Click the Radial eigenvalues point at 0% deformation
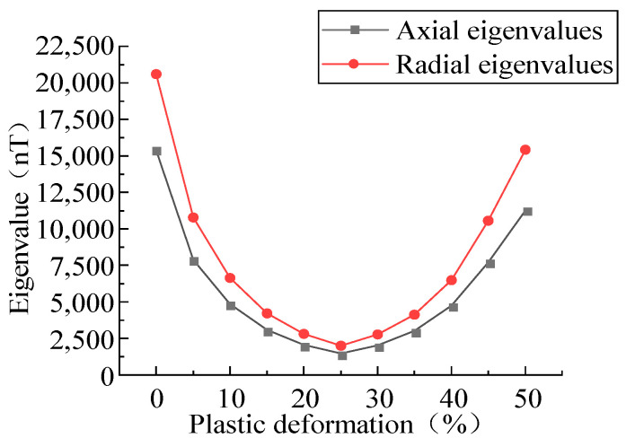156,74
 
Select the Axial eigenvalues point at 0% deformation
156,151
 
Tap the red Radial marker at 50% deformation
526,150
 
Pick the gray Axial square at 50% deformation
526,211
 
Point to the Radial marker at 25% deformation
341,346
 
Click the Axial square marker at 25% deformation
341,355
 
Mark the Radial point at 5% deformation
193,217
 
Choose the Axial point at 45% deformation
489,263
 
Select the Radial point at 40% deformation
452,280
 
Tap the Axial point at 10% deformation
231,305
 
